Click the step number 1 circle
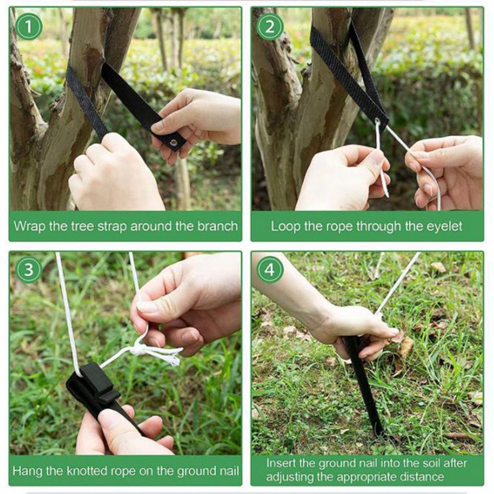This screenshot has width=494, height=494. tap(28, 27)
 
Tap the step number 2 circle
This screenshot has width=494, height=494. tap(270, 27)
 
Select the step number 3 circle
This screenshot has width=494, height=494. tap(28, 270)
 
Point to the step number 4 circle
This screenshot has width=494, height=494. tap(270, 270)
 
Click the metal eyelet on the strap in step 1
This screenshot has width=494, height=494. tap(174, 143)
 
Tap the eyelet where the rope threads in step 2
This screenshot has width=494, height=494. tap(378, 121)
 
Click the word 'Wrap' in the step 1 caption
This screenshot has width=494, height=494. tap(30, 227)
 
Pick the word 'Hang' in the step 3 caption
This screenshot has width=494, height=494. tap(27, 472)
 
